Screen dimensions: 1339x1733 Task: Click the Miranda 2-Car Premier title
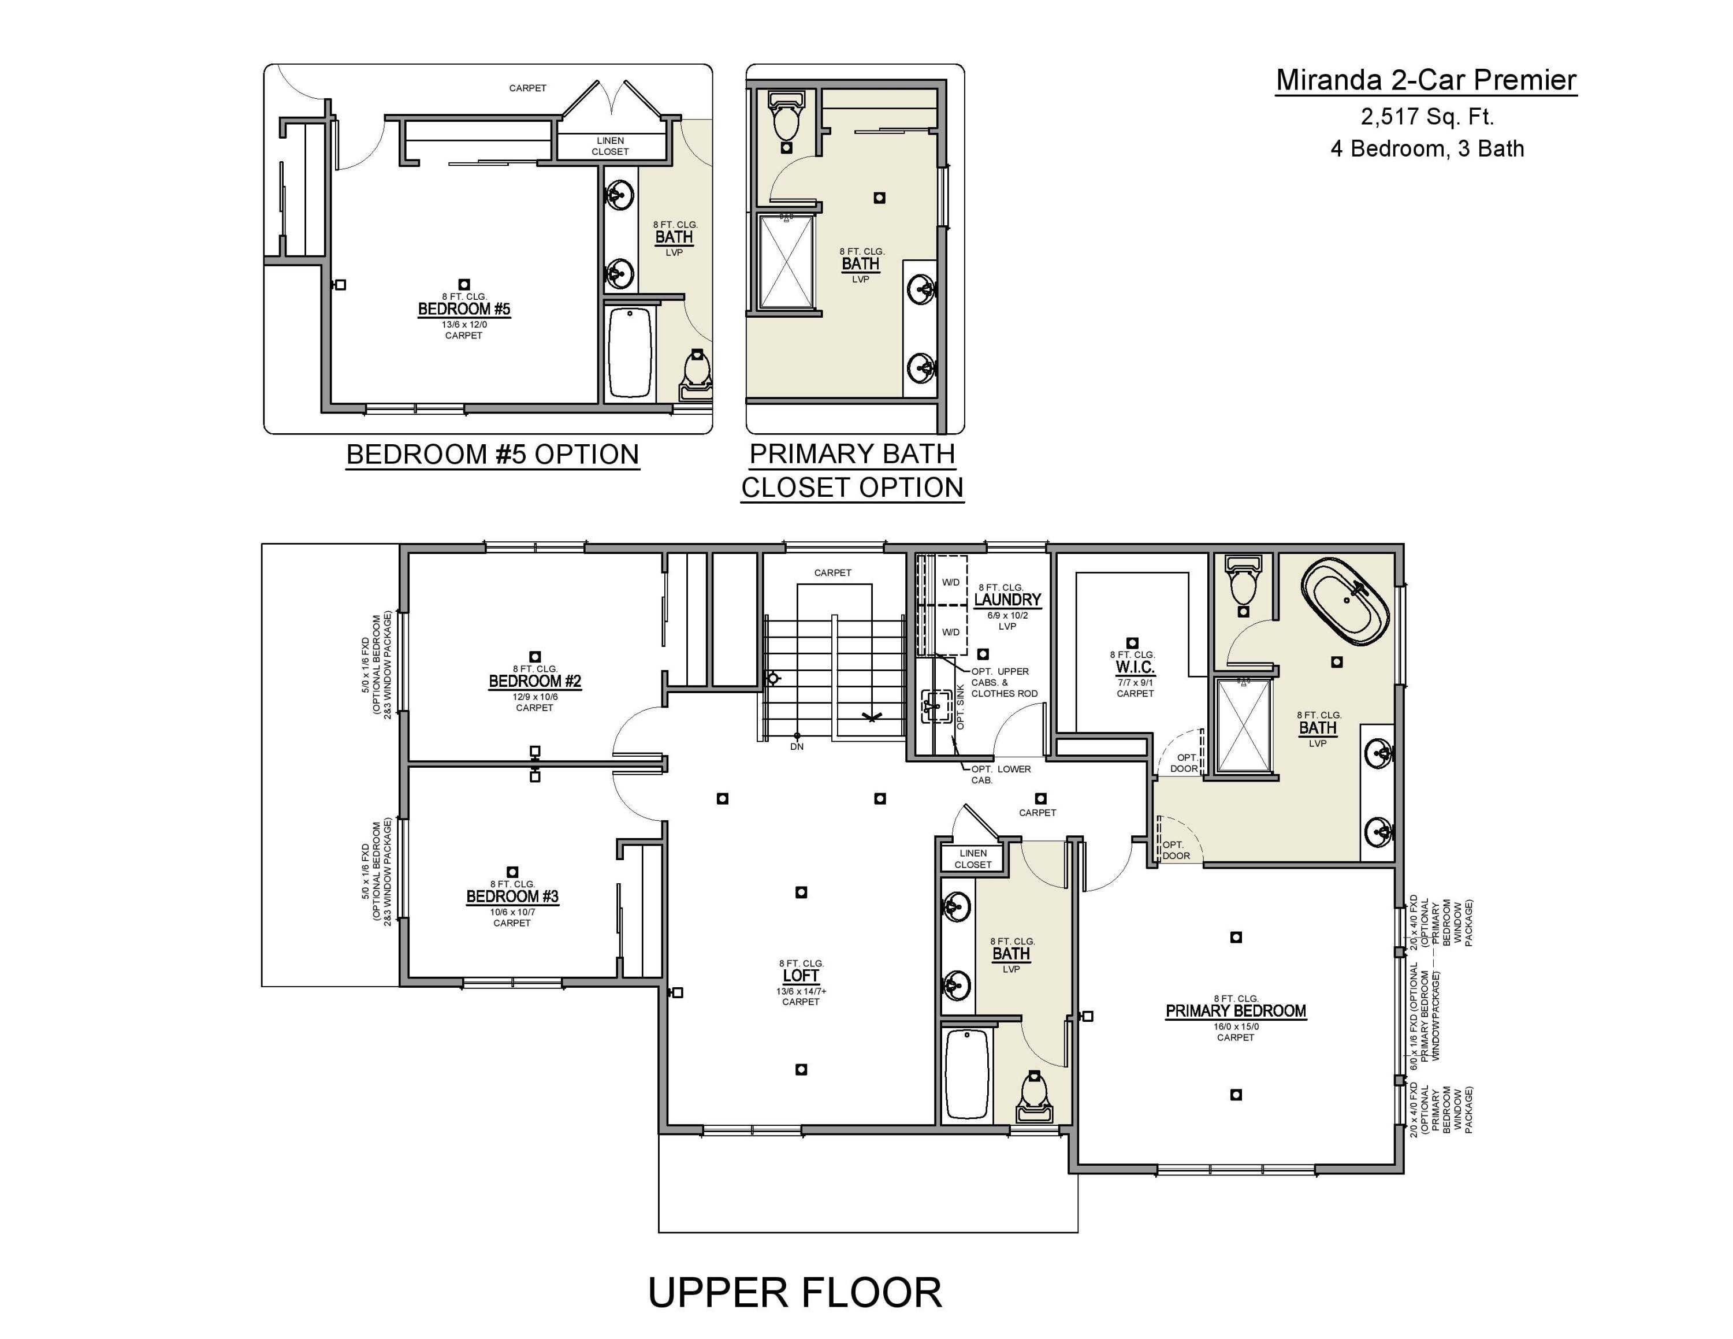click(x=1426, y=80)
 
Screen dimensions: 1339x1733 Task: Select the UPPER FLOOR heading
click(x=794, y=1292)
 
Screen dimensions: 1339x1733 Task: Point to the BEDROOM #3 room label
click(x=512, y=897)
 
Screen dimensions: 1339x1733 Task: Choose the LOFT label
click(x=801, y=976)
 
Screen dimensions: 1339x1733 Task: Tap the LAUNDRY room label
click(x=1007, y=600)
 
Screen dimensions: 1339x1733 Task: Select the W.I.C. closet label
click(x=1135, y=667)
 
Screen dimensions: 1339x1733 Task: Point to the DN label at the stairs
click(x=797, y=746)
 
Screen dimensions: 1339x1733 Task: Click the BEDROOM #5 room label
click(x=464, y=308)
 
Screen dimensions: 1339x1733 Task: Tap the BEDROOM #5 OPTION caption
click(x=492, y=455)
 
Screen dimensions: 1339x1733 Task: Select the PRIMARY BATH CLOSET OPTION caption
click(x=852, y=470)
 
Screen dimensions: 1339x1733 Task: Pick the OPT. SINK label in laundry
click(x=960, y=708)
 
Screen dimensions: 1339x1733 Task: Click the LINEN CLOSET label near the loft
click(x=973, y=859)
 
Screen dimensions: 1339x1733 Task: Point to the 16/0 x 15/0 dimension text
click(x=1236, y=1026)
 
